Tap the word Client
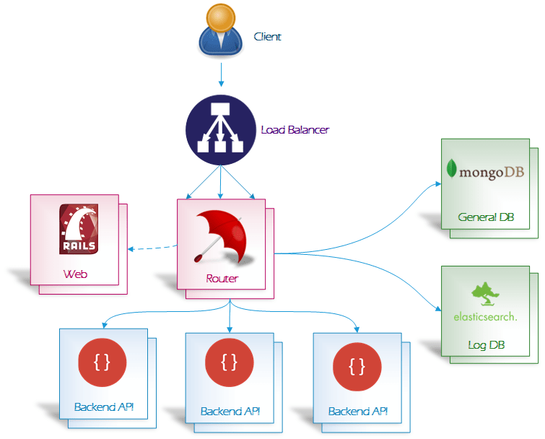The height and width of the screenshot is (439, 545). click(267, 36)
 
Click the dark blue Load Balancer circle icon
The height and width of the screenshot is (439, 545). click(220, 130)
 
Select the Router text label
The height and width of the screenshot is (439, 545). click(222, 278)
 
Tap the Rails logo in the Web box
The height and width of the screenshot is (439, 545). click(79, 230)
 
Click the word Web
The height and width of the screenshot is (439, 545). click(75, 274)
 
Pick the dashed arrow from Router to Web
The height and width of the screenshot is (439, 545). click(152, 248)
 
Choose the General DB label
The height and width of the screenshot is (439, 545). click(486, 217)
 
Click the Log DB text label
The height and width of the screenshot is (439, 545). click(486, 345)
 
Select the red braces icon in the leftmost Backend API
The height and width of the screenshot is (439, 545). click(103, 362)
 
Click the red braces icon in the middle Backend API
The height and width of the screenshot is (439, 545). click(230, 363)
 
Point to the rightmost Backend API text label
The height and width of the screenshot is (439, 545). click(357, 412)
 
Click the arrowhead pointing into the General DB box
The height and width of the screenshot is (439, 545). click(437, 184)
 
